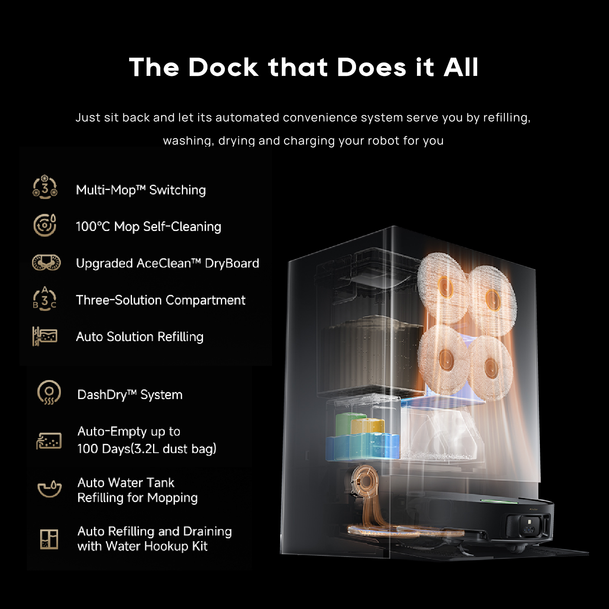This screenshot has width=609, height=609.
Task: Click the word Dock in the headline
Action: pyautogui.click(x=223, y=67)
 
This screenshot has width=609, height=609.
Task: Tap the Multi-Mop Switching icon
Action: pyautogui.click(x=45, y=187)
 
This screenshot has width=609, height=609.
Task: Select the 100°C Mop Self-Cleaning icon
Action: pyautogui.click(x=45, y=225)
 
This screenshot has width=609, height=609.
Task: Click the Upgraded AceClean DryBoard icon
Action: pyautogui.click(x=46, y=262)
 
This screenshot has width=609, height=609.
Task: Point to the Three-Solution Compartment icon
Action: pyautogui.click(x=45, y=299)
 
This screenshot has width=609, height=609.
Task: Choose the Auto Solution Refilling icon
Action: pyautogui.click(x=45, y=336)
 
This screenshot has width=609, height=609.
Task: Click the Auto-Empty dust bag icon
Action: pyautogui.click(x=49, y=441)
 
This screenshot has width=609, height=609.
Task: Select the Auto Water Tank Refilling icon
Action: pyautogui.click(x=49, y=488)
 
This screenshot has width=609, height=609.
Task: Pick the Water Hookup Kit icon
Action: pyautogui.click(x=49, y=539)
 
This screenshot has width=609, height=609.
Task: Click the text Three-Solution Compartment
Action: pyautogui.click(x=160, y=300)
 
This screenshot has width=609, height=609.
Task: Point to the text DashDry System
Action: pyautogui.click(x=130, y=395)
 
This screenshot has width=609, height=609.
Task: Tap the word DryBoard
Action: pyautogui.click(x=232, y=263)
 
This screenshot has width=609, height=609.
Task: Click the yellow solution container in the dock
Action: pyautogui.click(x=368, y=426)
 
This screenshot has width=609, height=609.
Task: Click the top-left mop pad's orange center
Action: pyautogui.click(x=445, y=287)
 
